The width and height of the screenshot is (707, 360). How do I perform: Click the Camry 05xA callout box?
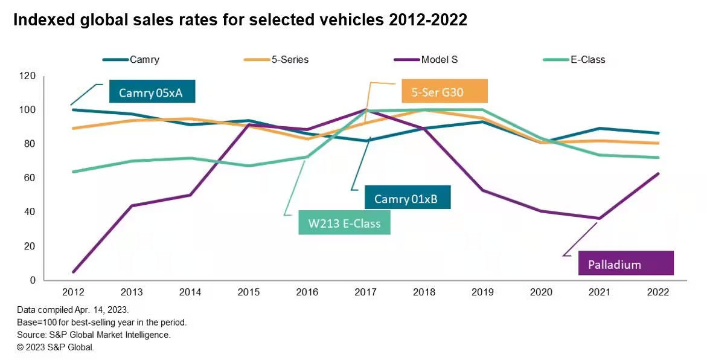point(153,92)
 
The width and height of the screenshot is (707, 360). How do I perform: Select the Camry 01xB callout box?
point(408,198)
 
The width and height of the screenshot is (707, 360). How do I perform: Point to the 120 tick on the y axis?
point(28,76)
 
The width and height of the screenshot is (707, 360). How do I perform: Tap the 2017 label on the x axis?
point(366,292)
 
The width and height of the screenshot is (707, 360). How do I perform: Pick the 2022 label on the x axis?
point(657,292)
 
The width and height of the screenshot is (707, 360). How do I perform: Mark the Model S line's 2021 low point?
point(599,218)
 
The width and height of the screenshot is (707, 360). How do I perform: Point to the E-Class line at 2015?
point(249,166)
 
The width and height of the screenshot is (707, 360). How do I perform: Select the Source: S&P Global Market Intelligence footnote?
point(94,335)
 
